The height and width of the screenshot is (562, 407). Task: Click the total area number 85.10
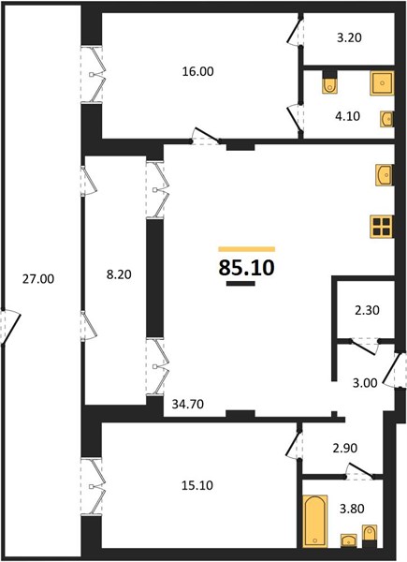(247, 267)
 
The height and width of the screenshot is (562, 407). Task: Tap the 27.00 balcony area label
(38, 279)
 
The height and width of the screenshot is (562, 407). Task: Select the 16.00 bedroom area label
(198, 72)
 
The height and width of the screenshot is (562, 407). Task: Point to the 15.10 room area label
(197, 485)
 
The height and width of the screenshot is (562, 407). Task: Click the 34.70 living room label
(188, 405)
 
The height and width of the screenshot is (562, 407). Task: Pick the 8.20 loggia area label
(119, 274)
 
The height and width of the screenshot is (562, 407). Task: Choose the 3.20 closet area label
(349, 37)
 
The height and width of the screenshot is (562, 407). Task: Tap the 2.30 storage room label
(367, 310)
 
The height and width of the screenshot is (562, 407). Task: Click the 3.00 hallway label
(365, 383)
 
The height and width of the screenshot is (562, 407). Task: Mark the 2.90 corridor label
(345, 448)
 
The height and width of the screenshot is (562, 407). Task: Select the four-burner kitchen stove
(383, 227)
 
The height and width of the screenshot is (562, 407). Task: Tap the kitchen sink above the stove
(385, 175)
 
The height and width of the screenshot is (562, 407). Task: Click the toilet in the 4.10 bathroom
(329, 82)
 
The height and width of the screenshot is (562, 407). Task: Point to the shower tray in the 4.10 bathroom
(382, 83)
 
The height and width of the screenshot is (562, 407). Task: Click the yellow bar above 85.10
(247, 249)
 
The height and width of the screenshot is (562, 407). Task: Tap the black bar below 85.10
(240, 284)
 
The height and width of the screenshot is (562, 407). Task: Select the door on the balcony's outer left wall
(10, 327)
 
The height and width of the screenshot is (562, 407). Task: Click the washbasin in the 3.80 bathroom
(348, 540)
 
